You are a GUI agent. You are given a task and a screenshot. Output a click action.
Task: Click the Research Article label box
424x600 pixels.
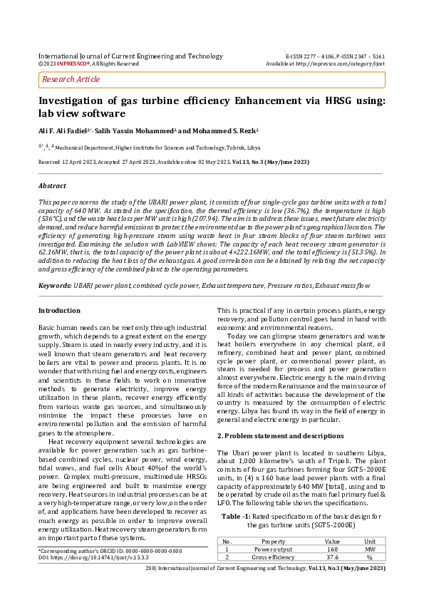tap(71, 79)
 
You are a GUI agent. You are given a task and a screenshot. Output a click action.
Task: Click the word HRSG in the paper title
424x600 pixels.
tap(333, 101)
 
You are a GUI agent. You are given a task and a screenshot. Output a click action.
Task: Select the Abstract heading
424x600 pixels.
tap(52, 185)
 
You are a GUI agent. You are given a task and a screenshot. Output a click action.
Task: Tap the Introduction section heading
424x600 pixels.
tap(59, 310)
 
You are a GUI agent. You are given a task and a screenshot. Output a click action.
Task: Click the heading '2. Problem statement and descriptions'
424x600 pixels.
tap(271, 435)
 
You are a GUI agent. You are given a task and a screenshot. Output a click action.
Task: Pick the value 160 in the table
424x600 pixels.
tap(332, 549)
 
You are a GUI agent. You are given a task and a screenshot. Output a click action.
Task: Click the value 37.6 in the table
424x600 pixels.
tap(332, 557)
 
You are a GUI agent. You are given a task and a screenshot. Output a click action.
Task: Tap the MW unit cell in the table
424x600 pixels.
tap(370, 549)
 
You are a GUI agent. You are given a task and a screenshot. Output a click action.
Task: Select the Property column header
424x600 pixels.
tap(274, 542)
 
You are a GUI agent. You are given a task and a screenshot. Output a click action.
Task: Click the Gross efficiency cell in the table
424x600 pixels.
tap(274, 557)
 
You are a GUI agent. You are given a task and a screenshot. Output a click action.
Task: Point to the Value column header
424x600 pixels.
tap(332, 542)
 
